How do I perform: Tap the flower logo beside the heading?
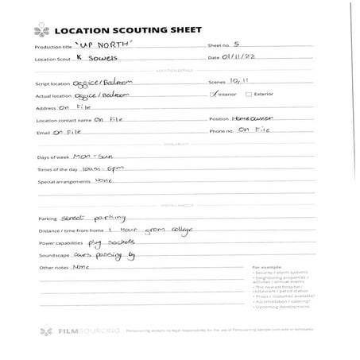coord(40,30)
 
